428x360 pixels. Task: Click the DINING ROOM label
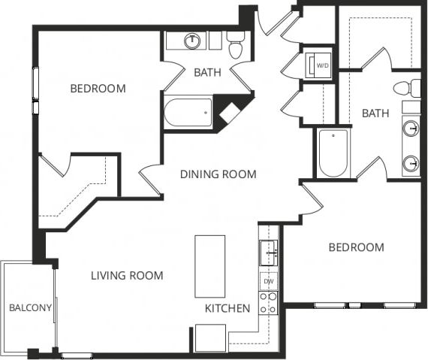pos(219,174)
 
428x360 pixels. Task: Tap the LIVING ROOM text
pos(127,276)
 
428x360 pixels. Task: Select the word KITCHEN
pos(228,308)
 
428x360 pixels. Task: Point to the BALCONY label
pos(30,307)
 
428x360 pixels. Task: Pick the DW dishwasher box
pos(268,283)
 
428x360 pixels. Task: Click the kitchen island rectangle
pos(209,266)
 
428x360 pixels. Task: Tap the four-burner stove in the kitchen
pos(268,303)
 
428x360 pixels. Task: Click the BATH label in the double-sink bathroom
pos(375,113)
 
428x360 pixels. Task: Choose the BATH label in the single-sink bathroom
pos(207,73)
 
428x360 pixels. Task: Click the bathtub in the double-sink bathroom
pos(333,154)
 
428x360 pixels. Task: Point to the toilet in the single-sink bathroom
pos(236,47)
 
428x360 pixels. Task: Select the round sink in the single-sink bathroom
pos(194,41)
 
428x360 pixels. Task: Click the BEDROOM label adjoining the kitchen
pos(356,247)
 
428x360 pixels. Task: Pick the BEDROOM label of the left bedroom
pos(98,89)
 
